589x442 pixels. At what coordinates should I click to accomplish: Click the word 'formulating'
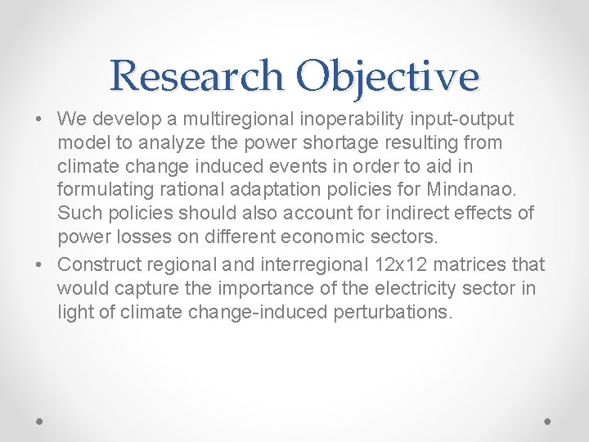[101, 190]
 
